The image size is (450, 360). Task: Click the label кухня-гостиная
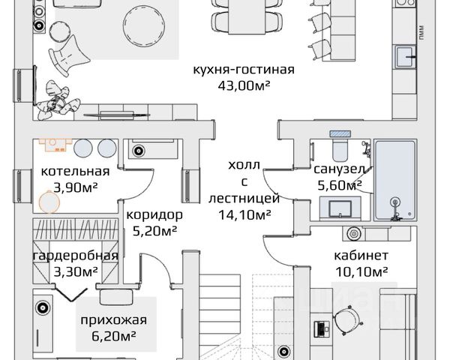(244, 70)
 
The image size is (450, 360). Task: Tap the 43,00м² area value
(244, 85)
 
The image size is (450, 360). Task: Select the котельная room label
(75, 172)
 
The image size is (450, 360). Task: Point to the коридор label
(154, 215)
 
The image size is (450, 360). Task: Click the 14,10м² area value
(244, 214)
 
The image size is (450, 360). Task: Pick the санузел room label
(340, 169)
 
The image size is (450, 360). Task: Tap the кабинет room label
(361, 256)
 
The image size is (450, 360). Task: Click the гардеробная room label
(76, 256)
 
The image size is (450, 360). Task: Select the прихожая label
(114, 320)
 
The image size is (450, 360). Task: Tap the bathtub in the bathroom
(395, 180)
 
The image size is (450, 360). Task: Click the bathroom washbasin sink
(340, 208)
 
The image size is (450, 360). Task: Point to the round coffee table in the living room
(144, 25)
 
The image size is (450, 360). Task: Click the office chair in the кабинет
(348, 319)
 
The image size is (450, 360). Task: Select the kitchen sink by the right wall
(405, 56)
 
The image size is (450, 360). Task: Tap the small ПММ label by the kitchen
(421, 33)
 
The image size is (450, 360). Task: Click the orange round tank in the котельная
(49, 202)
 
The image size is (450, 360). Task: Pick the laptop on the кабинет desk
(321, 329)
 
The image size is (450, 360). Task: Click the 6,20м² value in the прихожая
(114, 336)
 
